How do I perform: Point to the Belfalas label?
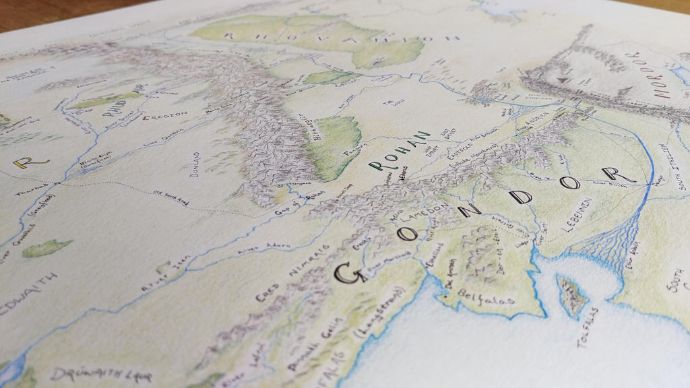pyautogui.click(x=485, y=297)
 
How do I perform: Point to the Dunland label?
pyautogui.click(x=195, y=162)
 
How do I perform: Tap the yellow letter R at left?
pyautogui.click(x=24, y=162)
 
